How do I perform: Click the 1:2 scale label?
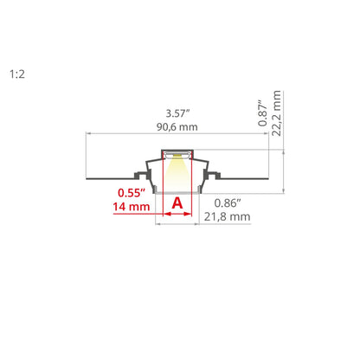coord(17,74)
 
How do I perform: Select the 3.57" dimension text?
coord(177,113)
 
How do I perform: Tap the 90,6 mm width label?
coord(177,127)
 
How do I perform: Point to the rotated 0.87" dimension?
coord(263,113)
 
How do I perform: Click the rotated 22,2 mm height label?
coord(276,113)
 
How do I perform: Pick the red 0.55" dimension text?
coord(132,193)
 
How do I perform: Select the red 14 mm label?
coord(132,207)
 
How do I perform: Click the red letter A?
coord(177,203)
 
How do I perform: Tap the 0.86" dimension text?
coord(228,203)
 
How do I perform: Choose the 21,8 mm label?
coord(228,216)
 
